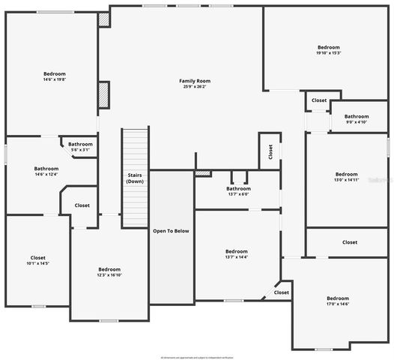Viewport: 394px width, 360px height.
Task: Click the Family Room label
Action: coord(195,80)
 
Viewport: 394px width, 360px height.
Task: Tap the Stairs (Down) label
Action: coord(135,178)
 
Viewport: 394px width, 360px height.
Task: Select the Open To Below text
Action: coord(172,230)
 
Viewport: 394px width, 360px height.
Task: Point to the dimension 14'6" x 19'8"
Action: coord(54,79)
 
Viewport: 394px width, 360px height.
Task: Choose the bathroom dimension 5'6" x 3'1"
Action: coord(80,150)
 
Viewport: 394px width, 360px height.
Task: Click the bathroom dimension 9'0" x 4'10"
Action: coord(357,122)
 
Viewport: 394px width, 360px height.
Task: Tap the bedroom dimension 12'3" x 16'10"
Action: coord(109,275)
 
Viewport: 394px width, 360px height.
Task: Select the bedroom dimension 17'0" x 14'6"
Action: coord(338,304)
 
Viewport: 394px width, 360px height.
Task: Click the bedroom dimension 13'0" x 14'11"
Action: coord(346,180)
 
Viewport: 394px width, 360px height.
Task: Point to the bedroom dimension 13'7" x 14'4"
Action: coord(237,257)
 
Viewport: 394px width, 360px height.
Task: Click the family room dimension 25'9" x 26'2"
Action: coord(195,86)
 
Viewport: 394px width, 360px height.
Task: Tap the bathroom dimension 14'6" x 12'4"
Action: coord(46,175)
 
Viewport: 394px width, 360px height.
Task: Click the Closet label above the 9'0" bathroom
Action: coord(319,100)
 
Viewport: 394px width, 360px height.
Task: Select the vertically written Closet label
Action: coord(270,151)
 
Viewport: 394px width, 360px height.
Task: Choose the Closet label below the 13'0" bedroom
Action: coord(350,242)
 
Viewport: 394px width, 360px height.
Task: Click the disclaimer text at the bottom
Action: coord(197,357)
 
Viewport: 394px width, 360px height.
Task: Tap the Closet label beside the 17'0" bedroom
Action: coord(281,292)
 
